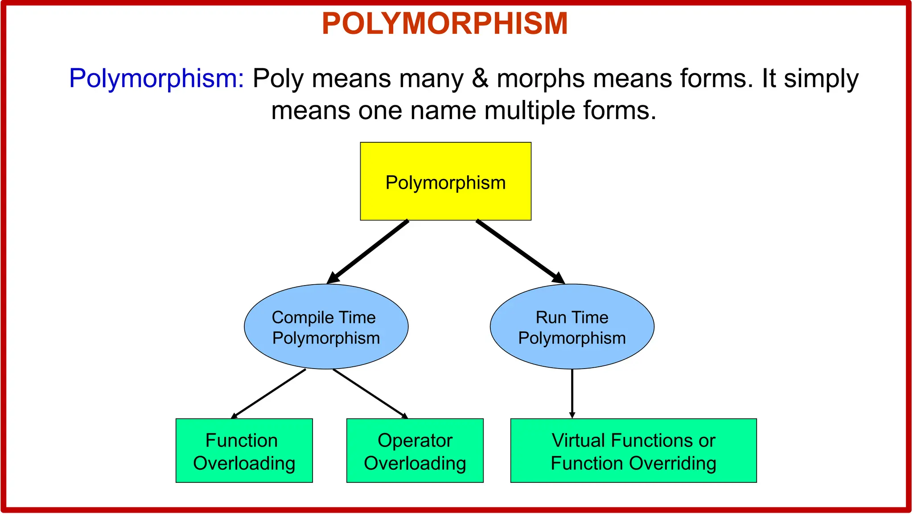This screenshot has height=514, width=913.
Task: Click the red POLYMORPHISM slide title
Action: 445,24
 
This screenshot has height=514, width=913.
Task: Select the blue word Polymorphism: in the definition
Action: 156,79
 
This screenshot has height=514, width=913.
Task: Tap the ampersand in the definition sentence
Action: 480,79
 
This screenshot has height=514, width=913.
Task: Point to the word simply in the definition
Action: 821,79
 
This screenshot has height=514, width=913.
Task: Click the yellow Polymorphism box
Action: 445,181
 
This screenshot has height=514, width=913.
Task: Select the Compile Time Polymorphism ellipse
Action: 326,327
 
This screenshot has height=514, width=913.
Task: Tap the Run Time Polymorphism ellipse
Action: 572,327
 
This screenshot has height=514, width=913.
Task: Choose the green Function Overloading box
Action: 244,450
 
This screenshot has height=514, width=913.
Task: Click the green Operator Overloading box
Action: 415,450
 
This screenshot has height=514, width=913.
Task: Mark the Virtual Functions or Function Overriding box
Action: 633,450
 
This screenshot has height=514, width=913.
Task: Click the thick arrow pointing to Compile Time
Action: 368,252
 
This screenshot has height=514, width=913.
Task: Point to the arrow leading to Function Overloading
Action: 268,394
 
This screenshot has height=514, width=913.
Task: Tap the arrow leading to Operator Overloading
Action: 370,394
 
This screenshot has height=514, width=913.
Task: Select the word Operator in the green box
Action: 415,440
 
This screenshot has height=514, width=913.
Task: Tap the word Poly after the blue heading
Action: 278,79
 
